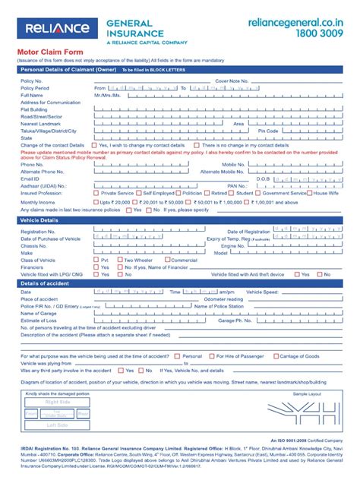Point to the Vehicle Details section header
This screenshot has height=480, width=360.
click(x=39, y=220)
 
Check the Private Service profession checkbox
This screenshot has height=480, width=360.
click(x=96, y=193)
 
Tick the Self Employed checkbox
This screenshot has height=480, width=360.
click(x=138, y=193)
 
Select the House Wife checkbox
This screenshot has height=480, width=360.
click(x=309, y=193)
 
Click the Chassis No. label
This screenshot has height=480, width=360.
click(x=34, y=246)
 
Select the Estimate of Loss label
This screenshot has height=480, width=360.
click(x=38, y=320)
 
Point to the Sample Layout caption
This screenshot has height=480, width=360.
click(x=308, y=395)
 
